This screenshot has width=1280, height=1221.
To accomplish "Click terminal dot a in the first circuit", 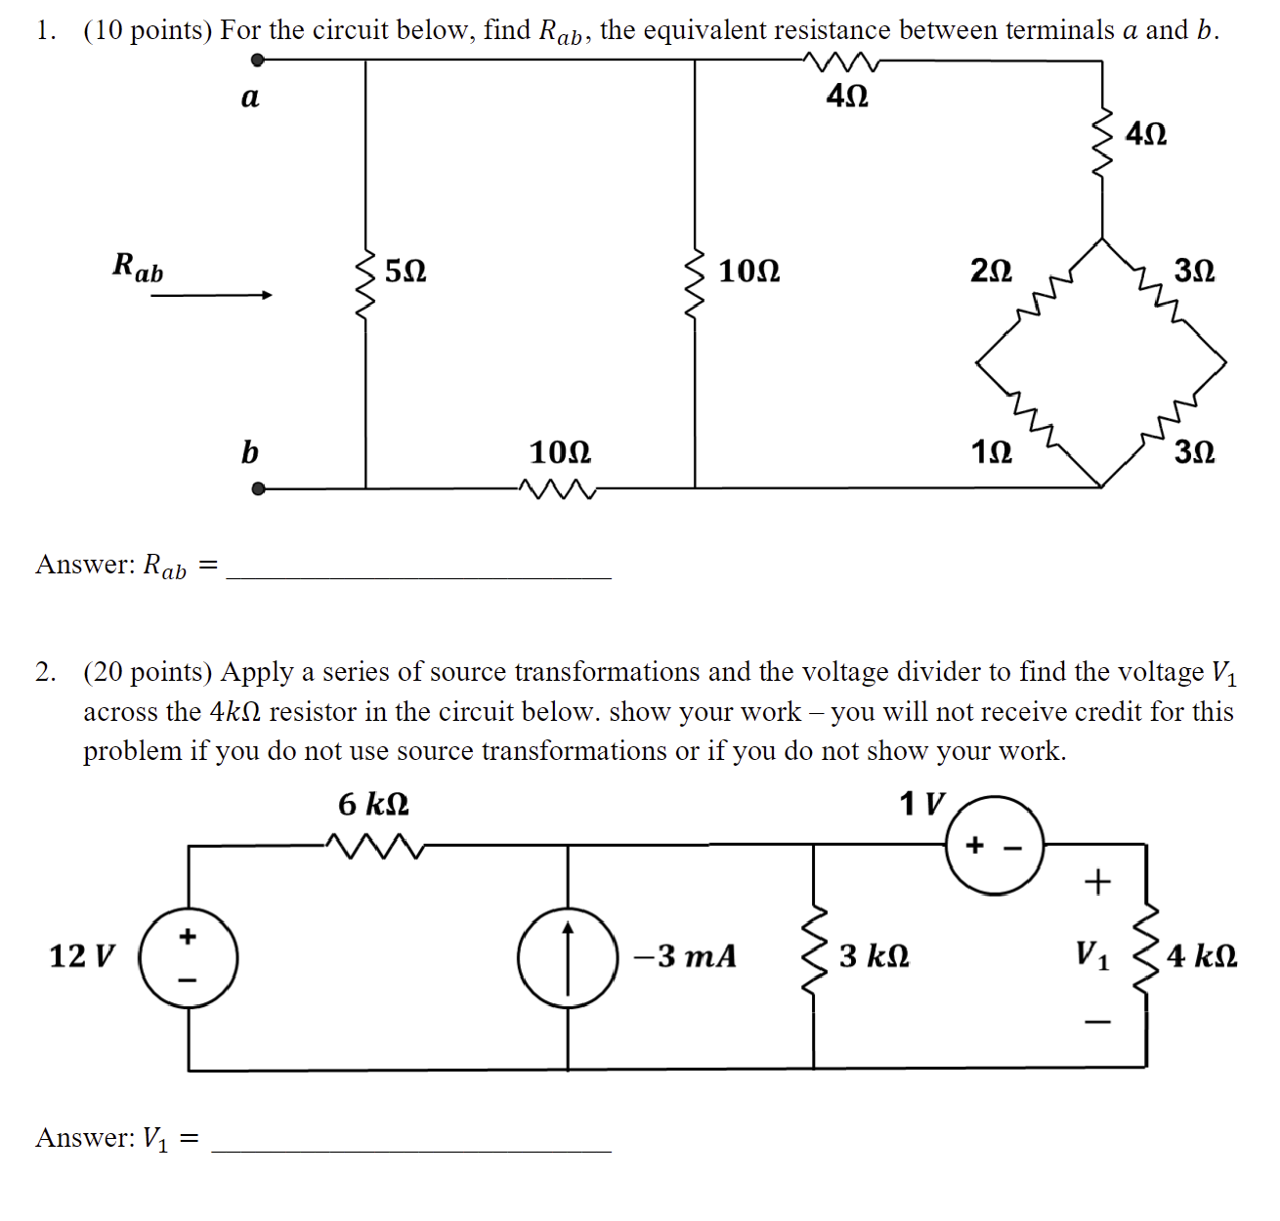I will pyautogui.click(x=258, y=61).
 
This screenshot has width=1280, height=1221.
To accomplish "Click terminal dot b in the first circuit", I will pyautogui.click(x=258, y=488).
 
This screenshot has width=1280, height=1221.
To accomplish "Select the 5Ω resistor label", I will pyautogui.click(x=405, y=271).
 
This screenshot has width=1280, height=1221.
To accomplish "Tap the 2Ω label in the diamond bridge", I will pyautogui.click(x=991, y=271).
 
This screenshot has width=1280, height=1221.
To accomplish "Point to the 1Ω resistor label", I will pyautogui.click(x=991, y=452).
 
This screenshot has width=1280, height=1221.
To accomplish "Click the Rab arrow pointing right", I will pyautogui.click(x=211, y=295).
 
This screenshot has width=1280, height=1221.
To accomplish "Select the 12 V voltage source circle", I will pyautogui.click(x=189, y=957).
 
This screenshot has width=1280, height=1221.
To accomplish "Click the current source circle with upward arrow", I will pyautogui.click(x=568, y=957).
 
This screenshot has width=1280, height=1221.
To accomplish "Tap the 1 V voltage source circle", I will pyautogui.click(x=995, y=846).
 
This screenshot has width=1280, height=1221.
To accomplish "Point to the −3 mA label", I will pyautogui.click(x=685, y=956).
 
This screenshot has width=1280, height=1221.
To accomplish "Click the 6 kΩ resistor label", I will pyautogui.click(x=373, y=805).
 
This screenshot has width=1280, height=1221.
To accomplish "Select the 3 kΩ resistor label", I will pyautogui.click(x=874, y=956).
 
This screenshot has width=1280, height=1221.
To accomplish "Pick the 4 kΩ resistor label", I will pyautogui.click(x=1202, y=956).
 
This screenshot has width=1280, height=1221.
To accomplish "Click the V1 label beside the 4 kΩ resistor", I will pyautogui.click(x=1092, y=954).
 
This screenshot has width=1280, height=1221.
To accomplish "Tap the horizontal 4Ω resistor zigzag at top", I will pyautogui.click(x=842, y=62).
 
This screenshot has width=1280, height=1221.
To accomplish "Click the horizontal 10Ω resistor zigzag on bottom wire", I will pyautogui.click(x=558, y=487).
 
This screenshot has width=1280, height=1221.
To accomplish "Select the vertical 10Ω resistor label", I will pyautogui.click(x=749, y=271).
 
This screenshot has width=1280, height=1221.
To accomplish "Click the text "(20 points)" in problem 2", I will pyautogui.click(x=148, y=673).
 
